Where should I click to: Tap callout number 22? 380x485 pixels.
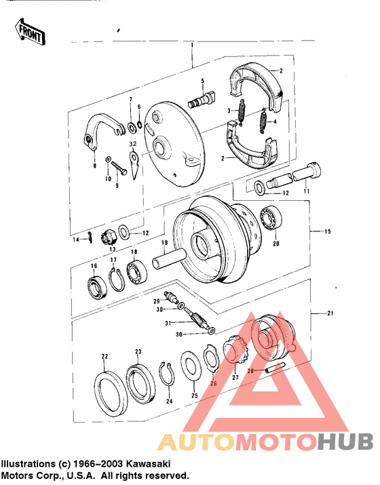pyautogui.click(x=104, y=356)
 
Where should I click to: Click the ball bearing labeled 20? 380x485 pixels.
pyautogui.click(x=272, y=218)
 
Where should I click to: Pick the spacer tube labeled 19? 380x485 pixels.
pyautogui.click(x=167, y=260)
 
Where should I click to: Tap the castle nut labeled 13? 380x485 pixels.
pyautogui.click(x=107, y=237)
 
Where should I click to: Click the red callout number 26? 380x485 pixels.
pyautogui.click(x=214, y=383)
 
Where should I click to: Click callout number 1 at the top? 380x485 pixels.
pyautogui.click(x=192, y=45)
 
